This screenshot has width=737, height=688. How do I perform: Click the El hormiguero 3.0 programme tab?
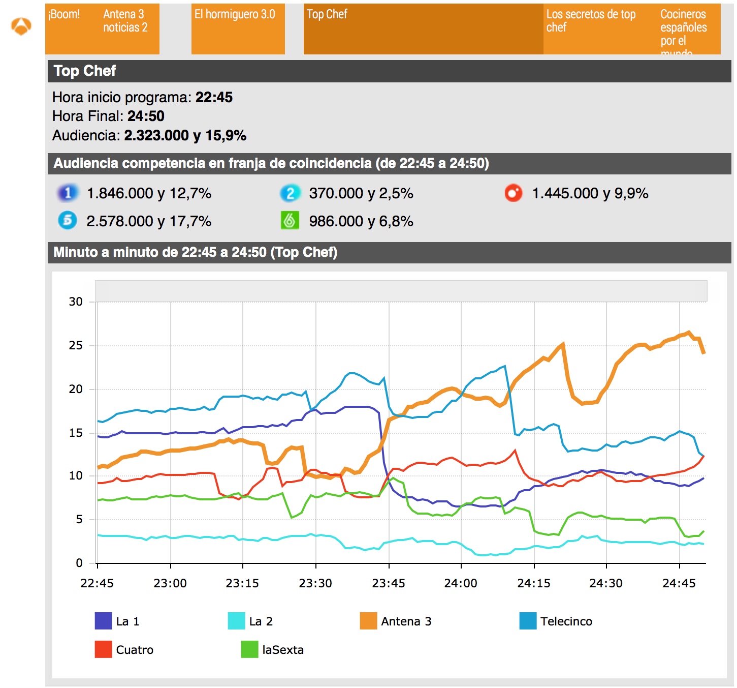pos(238,28)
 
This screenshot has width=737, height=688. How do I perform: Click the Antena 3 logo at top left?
pos(21,26)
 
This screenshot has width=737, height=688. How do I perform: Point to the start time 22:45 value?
pos(214,97)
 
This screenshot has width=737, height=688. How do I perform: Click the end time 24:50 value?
pos(146,116)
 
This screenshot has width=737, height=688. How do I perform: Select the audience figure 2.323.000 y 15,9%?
pos(185,135)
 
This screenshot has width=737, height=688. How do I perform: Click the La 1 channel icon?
pos(68,193)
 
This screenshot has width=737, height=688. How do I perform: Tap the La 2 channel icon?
pos(290,193)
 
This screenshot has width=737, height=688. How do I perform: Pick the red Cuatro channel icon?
pos(513,193)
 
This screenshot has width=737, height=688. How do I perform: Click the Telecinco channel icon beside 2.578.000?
pos(68,221)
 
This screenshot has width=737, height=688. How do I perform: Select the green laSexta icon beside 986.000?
pos(290,221)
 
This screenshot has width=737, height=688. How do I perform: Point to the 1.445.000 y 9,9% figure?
pos(590,193)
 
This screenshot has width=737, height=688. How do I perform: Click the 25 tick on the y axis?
pos(76,345)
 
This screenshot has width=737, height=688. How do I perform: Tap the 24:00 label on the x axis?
pos(461,583)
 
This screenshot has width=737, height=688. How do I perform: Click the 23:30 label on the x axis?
pos(315,583)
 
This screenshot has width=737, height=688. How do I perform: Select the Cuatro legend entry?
pos(124,649)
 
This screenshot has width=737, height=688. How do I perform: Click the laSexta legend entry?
pos(273,649)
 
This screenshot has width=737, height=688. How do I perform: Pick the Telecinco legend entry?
pos(556,621)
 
